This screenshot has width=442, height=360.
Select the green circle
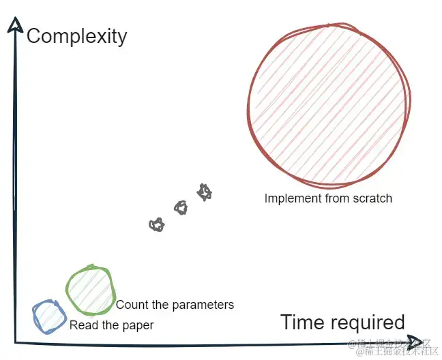coord(90,290)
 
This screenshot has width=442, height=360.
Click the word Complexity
coord(76,35)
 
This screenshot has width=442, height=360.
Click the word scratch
coord(372,198)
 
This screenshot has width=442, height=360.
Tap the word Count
coord(131,305)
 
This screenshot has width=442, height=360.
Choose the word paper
coord(138,326)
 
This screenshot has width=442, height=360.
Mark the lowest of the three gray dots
coord(157,224)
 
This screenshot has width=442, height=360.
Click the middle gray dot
coord(181,207)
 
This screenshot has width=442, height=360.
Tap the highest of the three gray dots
coord(204,192)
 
